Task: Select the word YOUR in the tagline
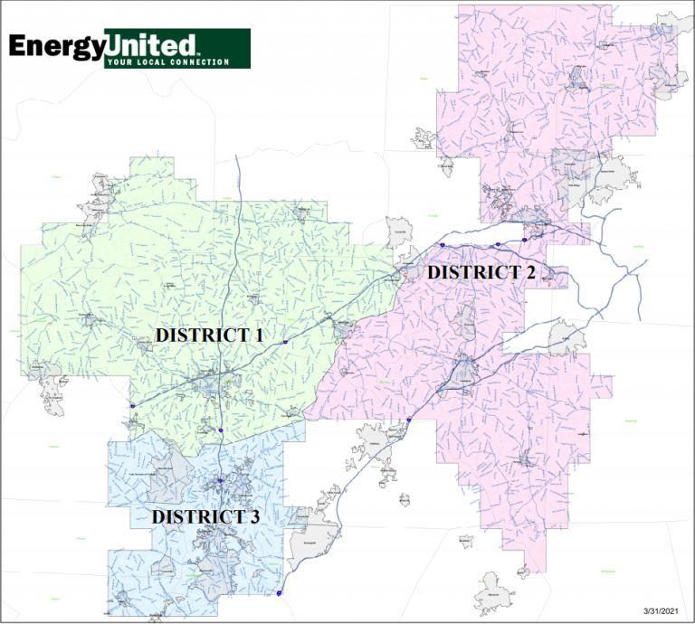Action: (x=119, y=62)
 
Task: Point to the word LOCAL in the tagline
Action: (x=148, y=62)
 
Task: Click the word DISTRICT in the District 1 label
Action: (x=200, y=335)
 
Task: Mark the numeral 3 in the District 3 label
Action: (x=254, y=516)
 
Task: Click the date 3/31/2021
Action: (x=661, y=612)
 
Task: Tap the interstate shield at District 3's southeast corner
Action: (x=281, y=593)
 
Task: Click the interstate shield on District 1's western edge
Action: (x=132, y=407)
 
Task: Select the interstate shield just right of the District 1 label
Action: (x=284, y=343)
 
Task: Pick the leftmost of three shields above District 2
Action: (x=442, y=244)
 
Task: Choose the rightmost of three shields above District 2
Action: (x=524, y=240)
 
